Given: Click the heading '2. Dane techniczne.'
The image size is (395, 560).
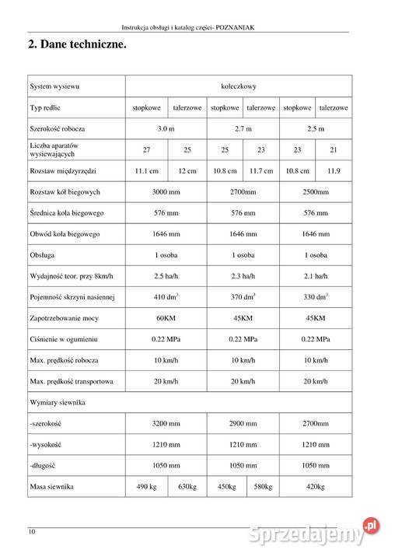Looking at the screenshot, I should point(77,45).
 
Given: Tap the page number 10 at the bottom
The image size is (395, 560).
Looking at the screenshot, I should point(32,532).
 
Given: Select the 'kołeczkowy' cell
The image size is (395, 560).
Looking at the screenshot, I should point(239,86).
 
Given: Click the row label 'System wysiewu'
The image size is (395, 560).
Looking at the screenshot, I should point(54,86).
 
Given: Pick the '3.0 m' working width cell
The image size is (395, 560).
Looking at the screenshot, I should point(166,128).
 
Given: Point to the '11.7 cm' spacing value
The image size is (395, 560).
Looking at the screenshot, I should point(260,170).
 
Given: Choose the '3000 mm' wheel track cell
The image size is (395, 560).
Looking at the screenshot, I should point(166,191).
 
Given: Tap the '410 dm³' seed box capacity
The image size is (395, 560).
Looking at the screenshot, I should point(166,297).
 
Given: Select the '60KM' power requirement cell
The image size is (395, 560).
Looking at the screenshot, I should point(166,318).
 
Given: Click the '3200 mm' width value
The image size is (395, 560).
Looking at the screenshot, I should point(166,423).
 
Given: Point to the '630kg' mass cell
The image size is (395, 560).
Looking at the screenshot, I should point(187,486).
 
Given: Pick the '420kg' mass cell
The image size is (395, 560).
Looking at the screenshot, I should point(316,486).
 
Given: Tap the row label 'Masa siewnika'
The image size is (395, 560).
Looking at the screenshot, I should point(51,486).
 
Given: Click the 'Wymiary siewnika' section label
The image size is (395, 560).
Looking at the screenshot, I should point(57,402).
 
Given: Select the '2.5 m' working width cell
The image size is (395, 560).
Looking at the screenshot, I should point(316,128).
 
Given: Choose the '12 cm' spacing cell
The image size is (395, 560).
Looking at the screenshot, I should point(187,170).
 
